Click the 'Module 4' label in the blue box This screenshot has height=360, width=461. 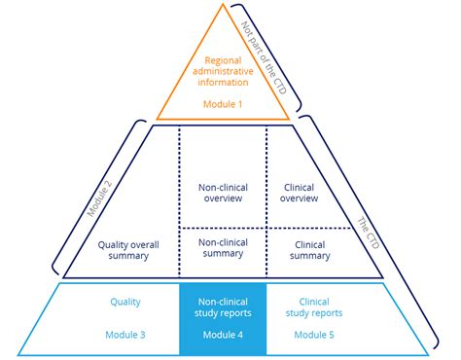pos(223,335)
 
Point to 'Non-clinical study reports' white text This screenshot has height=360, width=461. pos(223,307)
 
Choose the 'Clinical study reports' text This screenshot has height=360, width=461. pos(313,307)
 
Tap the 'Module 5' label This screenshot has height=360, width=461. pos(313,335)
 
